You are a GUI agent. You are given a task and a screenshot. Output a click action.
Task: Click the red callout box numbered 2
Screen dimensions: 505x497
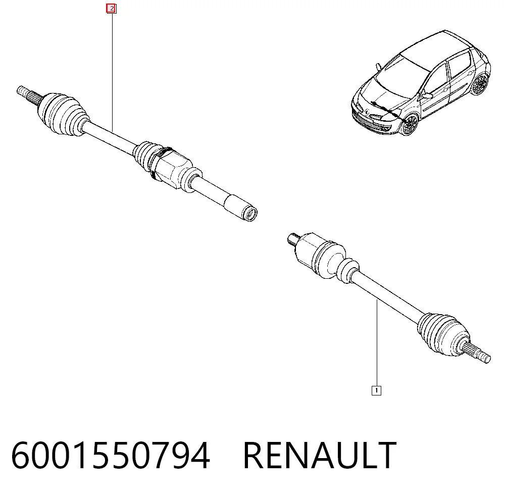[x=112, y=9]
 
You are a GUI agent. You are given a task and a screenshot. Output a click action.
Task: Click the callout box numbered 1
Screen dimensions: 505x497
[x=376, y=390]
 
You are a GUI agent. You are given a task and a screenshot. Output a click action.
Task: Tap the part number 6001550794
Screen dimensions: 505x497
[x=111, y=456]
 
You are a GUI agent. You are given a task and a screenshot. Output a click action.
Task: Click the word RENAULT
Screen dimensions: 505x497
[x=320, y=456]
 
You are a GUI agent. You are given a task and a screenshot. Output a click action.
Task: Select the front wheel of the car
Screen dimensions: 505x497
[x=410, y=124]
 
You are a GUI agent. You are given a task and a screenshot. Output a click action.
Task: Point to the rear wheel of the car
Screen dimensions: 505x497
[x=480, y=84]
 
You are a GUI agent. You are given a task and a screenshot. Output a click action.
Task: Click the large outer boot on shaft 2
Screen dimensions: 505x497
[x=63, y=113]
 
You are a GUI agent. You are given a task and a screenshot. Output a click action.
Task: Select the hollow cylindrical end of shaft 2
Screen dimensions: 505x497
[x=240, y=208]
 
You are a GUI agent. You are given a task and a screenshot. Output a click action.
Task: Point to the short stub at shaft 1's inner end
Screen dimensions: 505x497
[x=293, y=239]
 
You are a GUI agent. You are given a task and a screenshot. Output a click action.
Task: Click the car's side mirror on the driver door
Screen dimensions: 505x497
[x=427, y=95]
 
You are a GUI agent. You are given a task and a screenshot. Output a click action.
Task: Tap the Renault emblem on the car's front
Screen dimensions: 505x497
[x=368, y=112]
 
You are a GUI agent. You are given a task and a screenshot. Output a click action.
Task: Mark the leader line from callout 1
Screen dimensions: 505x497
[x=377, y=343]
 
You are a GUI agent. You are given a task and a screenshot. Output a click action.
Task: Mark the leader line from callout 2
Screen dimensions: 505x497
[x=112, y=72]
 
